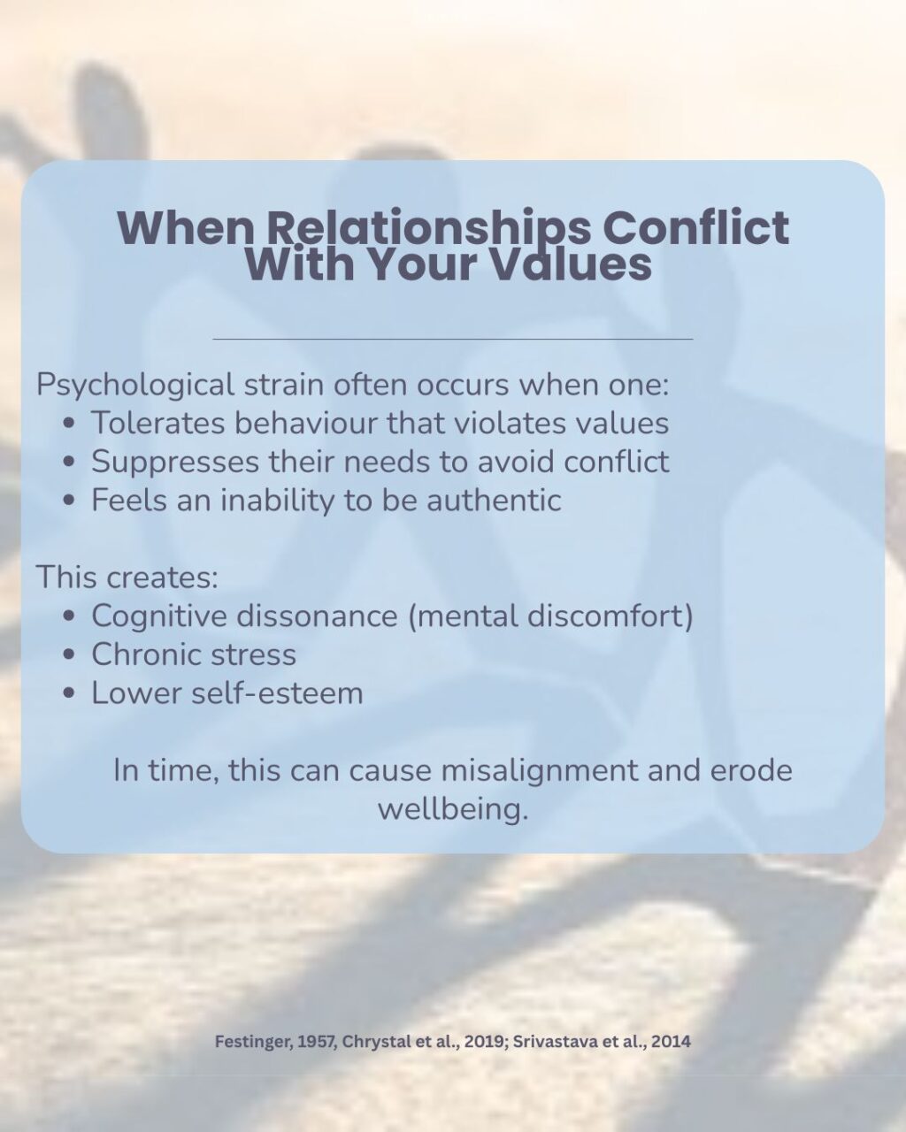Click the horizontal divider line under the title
tap(453, 339)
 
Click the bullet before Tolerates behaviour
tap(70, 424)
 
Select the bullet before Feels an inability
tap(70, 501)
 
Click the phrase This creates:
tap(127, 577)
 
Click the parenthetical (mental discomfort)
tap(550, 616)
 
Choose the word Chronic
tap(142, 654)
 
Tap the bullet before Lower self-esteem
tap(70, 693)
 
